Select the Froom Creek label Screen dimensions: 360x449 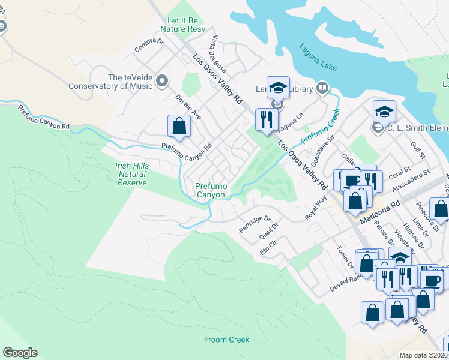[226, 340]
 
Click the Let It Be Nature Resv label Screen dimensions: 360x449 [182, 25]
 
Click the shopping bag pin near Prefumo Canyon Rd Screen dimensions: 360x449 [179, 127]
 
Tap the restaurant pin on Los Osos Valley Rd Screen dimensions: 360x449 [264, 119]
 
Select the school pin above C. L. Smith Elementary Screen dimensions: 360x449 [384, 112]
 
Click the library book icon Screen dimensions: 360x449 [322, 89]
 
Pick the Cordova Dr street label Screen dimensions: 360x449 [149, 46]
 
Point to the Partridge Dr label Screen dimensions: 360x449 [255, 224]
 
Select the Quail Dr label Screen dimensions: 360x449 [268, 233]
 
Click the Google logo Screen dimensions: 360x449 [20, 353]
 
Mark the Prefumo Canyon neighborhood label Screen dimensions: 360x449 [210, 190]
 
